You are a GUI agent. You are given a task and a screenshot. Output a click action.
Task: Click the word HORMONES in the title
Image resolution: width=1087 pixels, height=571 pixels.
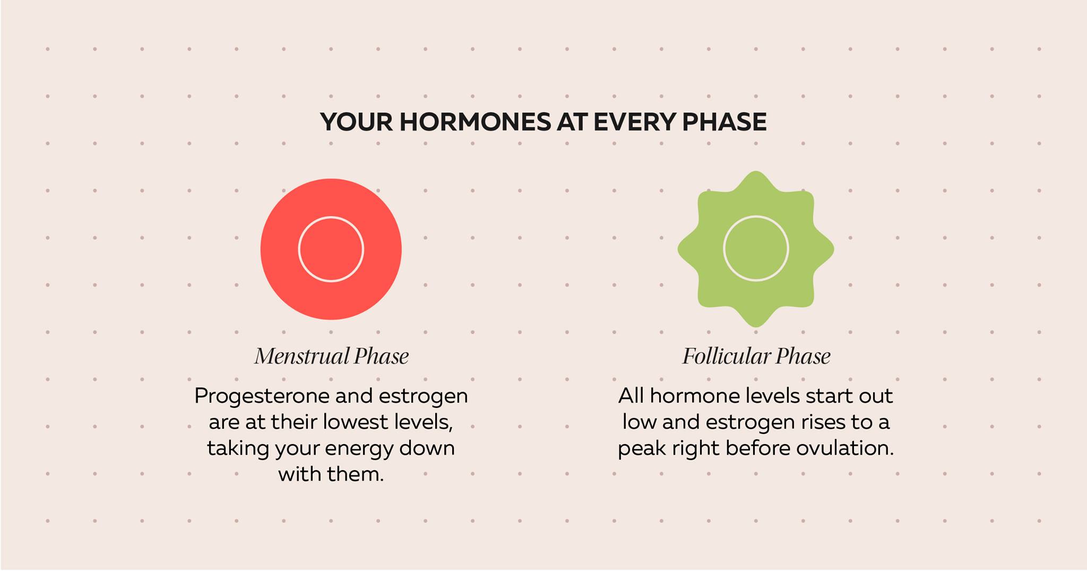[476, 122]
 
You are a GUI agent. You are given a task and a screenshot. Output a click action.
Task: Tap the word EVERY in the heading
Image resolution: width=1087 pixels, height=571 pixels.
[634, 122]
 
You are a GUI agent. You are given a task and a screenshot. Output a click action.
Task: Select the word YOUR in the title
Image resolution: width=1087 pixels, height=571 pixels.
[356, 122]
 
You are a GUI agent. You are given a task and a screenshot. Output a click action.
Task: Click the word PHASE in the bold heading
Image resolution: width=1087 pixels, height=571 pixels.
[724, 122]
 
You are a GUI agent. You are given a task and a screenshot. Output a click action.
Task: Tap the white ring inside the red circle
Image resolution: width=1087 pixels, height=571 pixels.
[331, 217]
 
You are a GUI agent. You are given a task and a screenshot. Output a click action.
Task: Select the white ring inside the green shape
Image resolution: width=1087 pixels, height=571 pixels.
[756, 216]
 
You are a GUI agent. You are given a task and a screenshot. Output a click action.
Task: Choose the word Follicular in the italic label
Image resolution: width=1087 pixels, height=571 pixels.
[726, 356]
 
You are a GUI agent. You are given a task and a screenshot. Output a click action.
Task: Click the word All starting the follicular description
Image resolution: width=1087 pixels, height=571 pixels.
[631, 395]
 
